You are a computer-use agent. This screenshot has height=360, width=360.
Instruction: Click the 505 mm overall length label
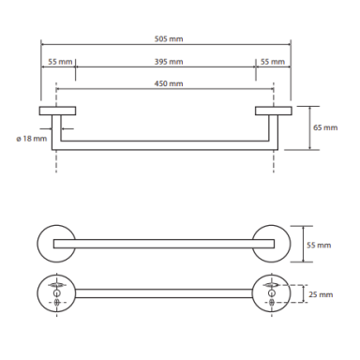pos(169,39)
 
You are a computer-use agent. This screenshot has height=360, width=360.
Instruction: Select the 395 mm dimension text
pos(169,62)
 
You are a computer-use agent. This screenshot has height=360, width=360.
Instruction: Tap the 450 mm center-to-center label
pos(169,83)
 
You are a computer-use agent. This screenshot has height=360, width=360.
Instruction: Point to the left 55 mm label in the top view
pos(60,62)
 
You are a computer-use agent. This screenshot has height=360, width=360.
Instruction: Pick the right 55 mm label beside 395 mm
pos(273,62)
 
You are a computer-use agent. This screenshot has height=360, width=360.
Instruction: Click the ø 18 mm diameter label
pos(32,138)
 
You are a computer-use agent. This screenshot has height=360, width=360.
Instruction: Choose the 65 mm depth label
pos(325,127)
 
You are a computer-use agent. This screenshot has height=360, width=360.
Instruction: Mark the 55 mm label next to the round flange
pos(319,245)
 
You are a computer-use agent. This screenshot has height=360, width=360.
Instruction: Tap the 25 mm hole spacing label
pos(321,294)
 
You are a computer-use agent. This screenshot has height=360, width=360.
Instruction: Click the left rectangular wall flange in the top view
pos(57,111)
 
